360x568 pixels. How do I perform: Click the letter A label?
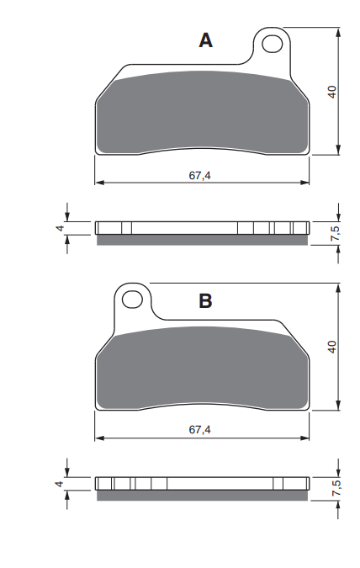pos(205,40)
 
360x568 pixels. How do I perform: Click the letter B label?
pos(205,300)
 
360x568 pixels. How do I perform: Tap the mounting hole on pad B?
pos(130,298)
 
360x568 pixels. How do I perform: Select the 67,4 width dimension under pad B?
pos(199,429)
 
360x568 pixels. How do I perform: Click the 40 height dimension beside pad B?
pos(332,346)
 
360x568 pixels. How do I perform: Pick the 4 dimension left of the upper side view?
pos(60,227)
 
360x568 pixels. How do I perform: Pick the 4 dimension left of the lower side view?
pos(60,483)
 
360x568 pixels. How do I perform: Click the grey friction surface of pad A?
pos(202,114)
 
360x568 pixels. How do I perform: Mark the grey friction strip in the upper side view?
pos(202,240)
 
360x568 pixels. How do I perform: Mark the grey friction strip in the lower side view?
pos(202,495)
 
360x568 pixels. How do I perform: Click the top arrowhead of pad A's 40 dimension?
pos(338,32)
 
